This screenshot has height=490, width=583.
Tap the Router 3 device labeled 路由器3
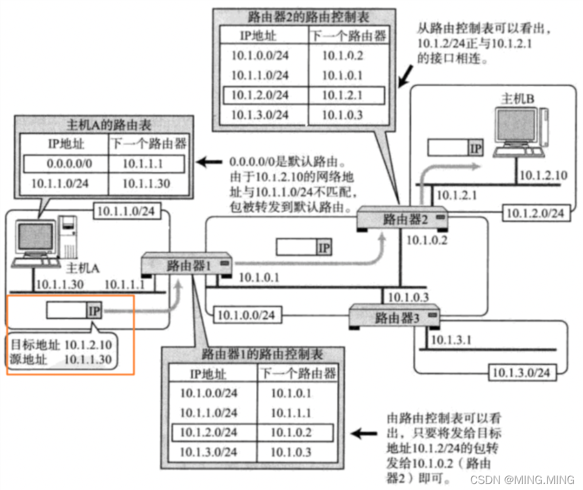pyautogui.click(x=393, y=316)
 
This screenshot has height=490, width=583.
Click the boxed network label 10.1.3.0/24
pyautogui.click(x=520, y=372)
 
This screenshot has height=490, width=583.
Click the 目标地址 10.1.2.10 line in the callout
pyautogui.click(x=61, y=344)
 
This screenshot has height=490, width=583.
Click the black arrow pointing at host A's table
pyautogui.click(x=210, y=163)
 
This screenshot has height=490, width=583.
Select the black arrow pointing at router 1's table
pyautogui.click(x=364, y=433)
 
